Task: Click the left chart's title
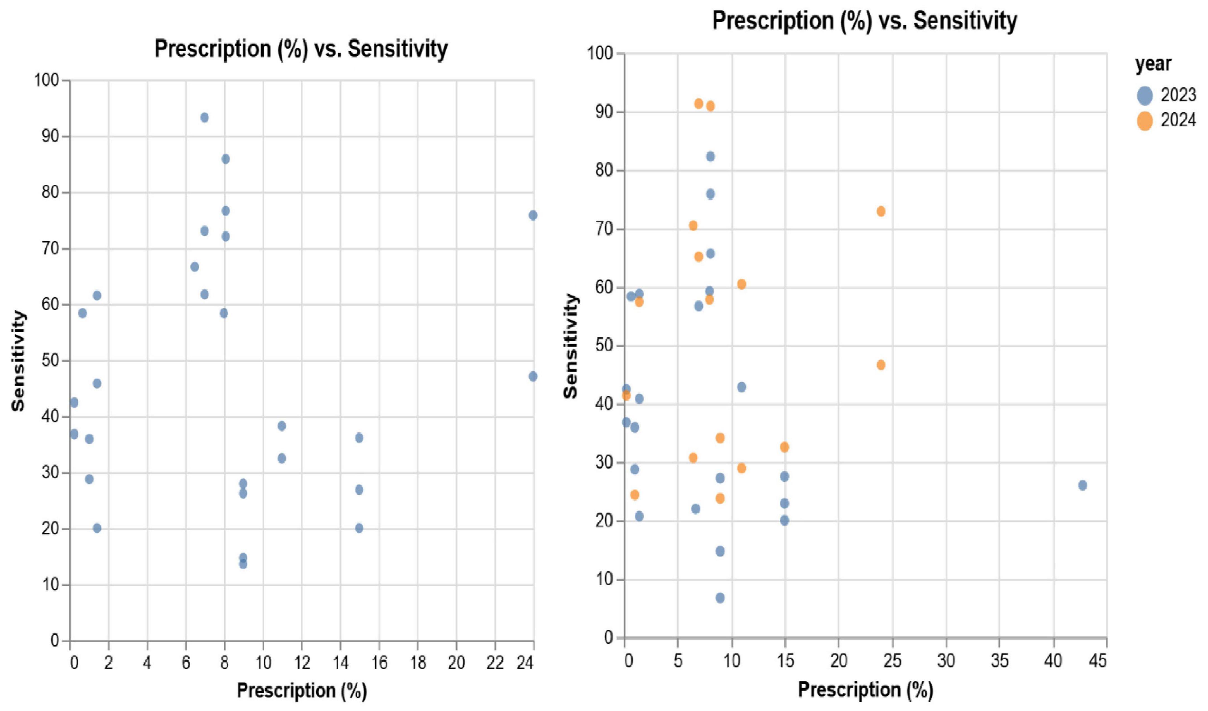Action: (301, 49)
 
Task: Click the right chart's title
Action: (864, 21)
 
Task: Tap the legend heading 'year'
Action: (1153, 64)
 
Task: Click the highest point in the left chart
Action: (204, 118)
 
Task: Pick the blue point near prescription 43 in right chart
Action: (1082, 485)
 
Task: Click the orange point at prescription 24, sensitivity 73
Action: (881, 211)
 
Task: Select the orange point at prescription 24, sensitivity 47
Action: (881, 365)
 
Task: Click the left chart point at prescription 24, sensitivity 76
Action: (533, 215)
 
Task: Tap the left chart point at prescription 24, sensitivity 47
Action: (533, 376)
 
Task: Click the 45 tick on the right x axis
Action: (1101, 661)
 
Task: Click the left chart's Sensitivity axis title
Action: (18, 361)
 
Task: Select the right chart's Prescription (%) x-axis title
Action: (865, 690)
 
